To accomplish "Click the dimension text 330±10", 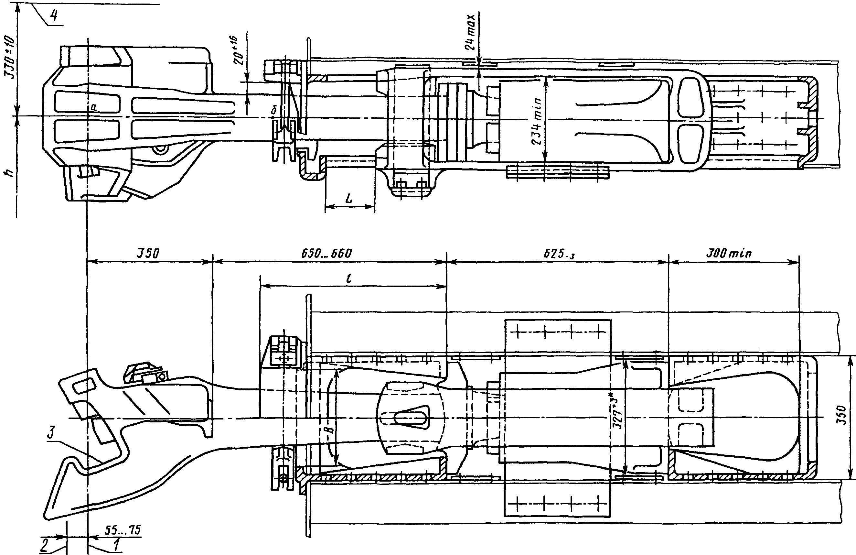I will point(10,58).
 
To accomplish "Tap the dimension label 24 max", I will point(472,32).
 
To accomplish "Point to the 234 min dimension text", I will point(537,121).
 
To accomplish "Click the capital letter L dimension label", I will point(348,198).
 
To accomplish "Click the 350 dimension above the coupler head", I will point(147,254).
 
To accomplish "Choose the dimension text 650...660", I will point(326,254).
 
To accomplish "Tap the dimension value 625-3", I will point(559,254).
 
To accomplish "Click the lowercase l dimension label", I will point(349,278).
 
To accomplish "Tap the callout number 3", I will point(51,433).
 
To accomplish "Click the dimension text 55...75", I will point(123,530).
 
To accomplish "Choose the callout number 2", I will point(44,545).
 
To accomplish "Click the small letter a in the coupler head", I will point(94,107).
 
